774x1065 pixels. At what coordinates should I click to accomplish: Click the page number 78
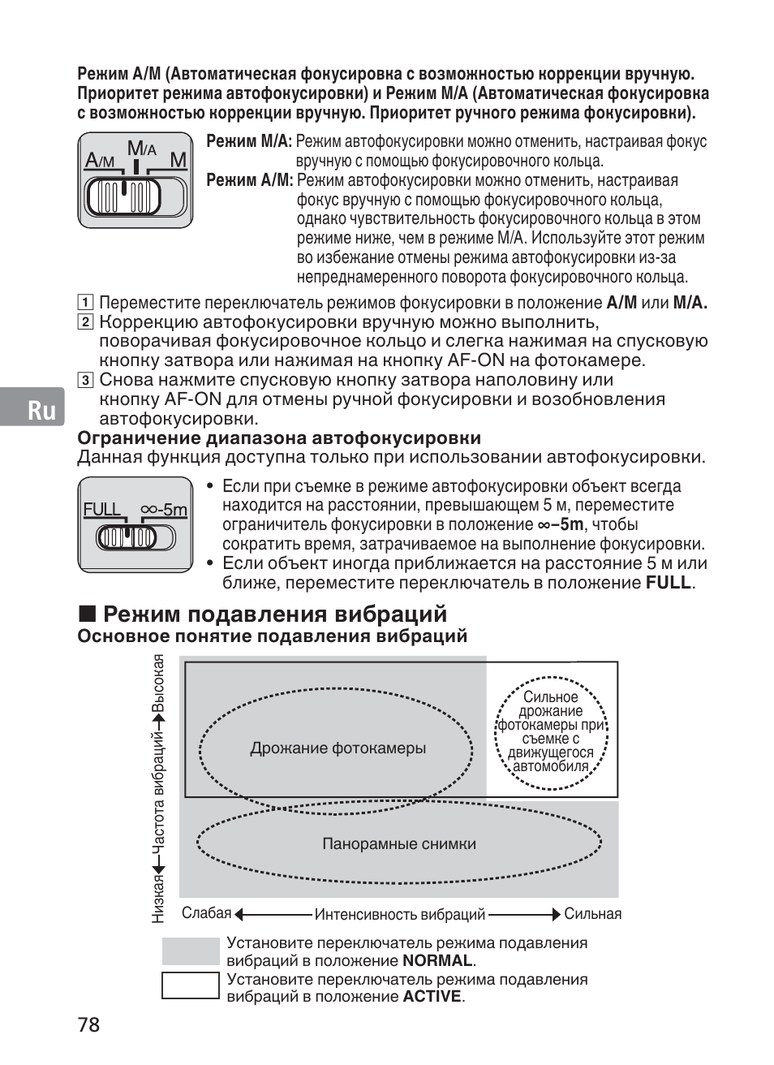tap(89, 1024)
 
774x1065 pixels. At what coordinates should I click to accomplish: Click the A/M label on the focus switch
tap(101, 162)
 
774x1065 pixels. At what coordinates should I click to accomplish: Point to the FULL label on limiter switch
tap(102, 510)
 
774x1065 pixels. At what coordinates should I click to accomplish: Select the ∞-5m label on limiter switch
tap(164, 510)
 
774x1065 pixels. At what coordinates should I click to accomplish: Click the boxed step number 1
tap(84, 304)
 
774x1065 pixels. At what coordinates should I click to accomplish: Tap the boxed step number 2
tap(84, 322)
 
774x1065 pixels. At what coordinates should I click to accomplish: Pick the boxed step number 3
tap(84, 380)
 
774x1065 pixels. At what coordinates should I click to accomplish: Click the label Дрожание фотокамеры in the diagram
tap(338, 748)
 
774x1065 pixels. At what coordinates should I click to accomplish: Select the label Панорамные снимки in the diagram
tap(399, 844)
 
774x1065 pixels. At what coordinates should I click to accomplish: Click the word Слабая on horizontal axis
tap(206, 914)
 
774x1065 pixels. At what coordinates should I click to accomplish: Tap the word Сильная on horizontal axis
tap(593, 914)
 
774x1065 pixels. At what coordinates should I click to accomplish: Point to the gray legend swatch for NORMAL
tap(191, 951)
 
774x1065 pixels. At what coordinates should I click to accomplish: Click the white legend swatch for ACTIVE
tap(191, 985)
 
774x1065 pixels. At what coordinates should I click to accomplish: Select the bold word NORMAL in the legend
tap(437, 961)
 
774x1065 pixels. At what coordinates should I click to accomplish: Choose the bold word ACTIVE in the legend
tap(432, 997)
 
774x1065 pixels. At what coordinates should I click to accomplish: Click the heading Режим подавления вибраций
tap(275, 614)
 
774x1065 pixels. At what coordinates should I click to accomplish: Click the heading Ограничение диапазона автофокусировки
tap(279, 438)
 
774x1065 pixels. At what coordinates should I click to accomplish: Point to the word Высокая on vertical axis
tap(160, 683)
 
